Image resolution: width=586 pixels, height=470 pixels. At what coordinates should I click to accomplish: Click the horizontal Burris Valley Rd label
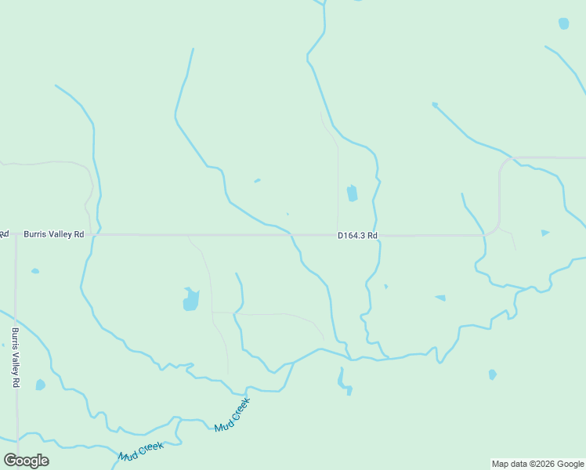click(53, 234)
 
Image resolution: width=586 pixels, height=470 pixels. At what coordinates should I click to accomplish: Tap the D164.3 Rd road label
click(357, 235)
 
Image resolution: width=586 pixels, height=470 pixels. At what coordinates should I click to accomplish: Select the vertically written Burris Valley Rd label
click(15, 357)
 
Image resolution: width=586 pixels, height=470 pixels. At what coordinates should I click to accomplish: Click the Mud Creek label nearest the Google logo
click(141, 451)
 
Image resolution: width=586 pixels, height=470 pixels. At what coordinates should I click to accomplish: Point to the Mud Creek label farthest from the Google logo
click(233, 415)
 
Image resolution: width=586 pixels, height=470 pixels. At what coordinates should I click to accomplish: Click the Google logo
click(26, 460)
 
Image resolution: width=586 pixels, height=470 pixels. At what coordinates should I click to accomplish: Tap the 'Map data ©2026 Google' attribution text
click(537, 464)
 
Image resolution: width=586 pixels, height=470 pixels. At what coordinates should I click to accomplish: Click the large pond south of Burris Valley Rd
click(190, 299)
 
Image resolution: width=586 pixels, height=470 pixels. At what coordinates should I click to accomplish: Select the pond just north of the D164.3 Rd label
click(352, 193)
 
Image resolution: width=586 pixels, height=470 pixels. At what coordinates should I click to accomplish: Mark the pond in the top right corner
click(563, 23)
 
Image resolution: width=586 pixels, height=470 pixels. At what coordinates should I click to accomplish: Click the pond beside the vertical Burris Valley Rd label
click(40, 385)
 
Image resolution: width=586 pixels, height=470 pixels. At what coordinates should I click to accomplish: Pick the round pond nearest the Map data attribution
click(492, 374)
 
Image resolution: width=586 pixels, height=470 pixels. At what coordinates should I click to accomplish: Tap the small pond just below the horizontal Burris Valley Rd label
click(35, 271)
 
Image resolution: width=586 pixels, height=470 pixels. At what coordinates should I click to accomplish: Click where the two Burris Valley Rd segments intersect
click(15, 234)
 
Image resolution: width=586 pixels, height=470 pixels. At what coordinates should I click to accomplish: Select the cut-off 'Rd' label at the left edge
click(4, 234)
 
